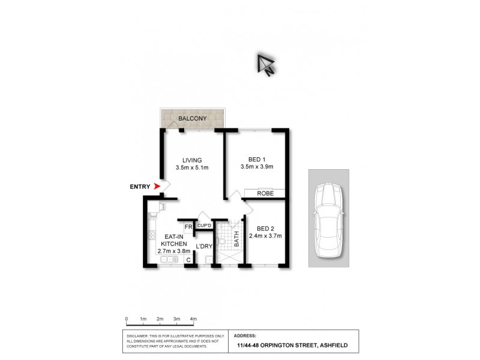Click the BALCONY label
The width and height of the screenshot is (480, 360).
coord(192,119)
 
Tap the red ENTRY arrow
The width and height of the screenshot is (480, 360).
coord(158,187)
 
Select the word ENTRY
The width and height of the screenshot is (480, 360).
coord(140,187)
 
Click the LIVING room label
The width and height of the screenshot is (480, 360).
coord(192,160)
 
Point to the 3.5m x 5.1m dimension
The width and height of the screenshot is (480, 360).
coord(192,168)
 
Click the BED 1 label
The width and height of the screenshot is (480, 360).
coord(256,159)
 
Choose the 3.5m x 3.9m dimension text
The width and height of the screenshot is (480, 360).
coord(256,167)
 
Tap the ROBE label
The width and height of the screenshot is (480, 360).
coord(265,194)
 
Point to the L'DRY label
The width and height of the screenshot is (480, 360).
coord(205,247)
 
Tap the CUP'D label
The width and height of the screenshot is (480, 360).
coord(204,226)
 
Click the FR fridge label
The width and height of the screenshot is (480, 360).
coord(188,226)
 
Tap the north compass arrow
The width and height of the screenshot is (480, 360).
coord(265,64)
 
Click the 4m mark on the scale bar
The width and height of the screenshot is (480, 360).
coord(193,319)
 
